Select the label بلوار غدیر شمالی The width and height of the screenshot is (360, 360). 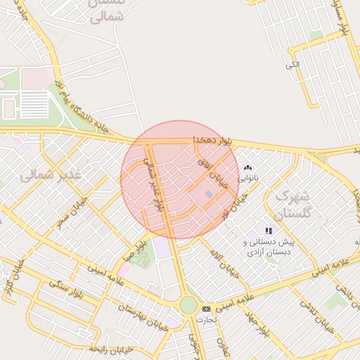[x=155, y=183]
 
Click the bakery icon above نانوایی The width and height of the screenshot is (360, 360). [x=247, y=168]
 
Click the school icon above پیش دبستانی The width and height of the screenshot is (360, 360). [x=268, y=231]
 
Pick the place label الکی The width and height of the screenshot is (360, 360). [x=292, y=65]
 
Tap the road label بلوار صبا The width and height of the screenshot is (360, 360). [x=136, y=251]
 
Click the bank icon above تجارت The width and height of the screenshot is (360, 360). [x=206, y=309]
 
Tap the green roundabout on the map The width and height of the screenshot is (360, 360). [x=188, y=304]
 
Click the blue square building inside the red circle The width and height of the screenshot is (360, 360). [x=208, y=194]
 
